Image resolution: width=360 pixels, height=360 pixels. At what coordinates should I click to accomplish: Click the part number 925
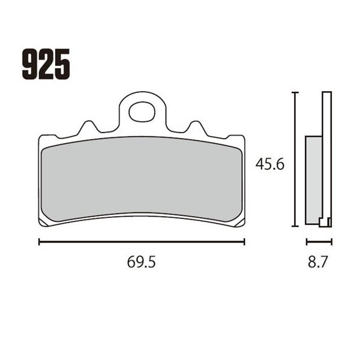(x=46, y=64)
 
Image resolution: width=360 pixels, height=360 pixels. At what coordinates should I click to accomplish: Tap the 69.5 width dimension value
(x=142, y=262)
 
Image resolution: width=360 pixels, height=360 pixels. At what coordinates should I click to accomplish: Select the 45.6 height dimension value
(x=270, y=164)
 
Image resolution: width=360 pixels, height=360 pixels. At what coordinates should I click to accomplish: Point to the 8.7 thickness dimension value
(x=317, y=262)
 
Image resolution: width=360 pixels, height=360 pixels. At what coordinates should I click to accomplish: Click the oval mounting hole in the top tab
(x=142, y=112)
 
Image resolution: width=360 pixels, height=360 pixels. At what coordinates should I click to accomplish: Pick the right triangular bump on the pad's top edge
(x=196, y=127)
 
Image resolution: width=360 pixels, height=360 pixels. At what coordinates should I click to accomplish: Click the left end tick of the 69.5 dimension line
(x=39, y=242)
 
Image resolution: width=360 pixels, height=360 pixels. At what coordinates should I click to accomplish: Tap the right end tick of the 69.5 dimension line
(x=244, y=242)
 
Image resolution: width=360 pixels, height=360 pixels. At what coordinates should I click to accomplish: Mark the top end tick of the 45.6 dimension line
(x=295, y=92)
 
